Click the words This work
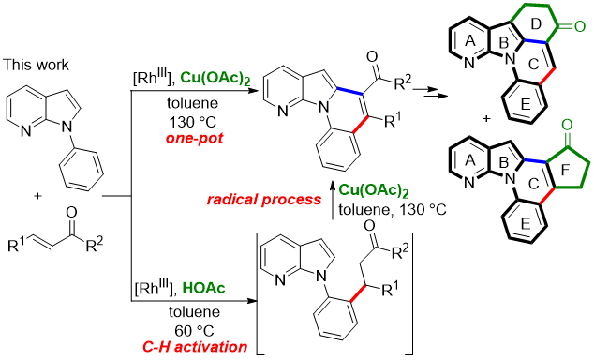tap(36, 65)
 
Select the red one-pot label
tap(194, 139)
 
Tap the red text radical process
tap(264, 200)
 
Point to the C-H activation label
tap(195, 346)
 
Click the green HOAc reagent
tap(204, 289)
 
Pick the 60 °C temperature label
tap(194, 330)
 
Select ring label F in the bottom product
tap(565, 171)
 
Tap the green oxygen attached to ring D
tap(580, 26)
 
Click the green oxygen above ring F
tap(567, 126)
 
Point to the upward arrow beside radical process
tap(333, 200)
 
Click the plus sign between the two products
tap(486, 119)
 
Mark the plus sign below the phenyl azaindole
tap(37, 196)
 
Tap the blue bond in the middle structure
tap(350, 90)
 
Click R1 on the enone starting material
tap(16, 246)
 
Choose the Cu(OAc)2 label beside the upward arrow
tap(374, 190)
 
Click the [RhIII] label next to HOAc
tap(156, 289)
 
